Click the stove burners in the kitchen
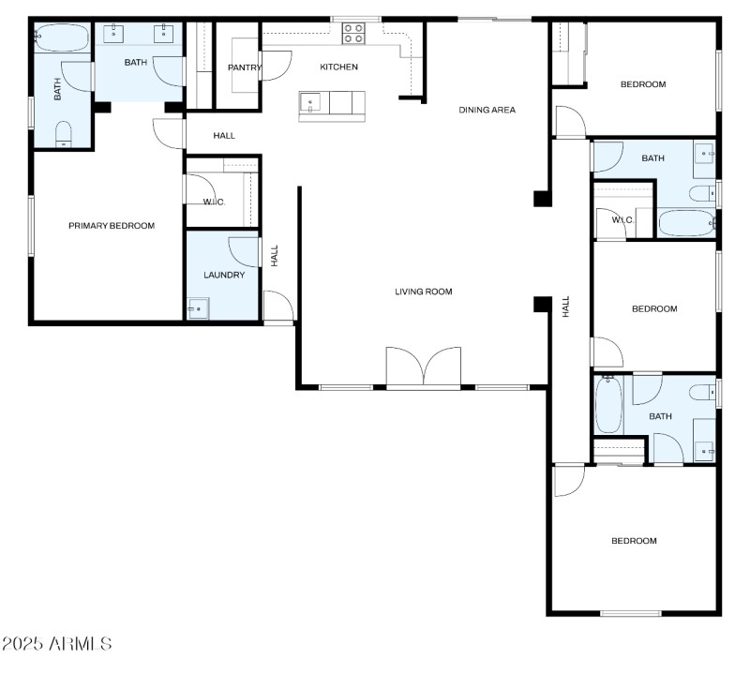pos(353,34)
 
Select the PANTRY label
pos(245,67)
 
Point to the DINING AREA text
pos(487,110)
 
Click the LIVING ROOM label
pos(423,292)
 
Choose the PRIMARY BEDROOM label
pos(112,226)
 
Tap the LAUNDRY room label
pos(224,275)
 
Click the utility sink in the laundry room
pos(198,308)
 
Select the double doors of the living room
pos(424,367)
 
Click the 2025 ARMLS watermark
pos(56,644)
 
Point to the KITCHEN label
pos(338,67)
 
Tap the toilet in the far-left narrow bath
pos(64,133)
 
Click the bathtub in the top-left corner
pos(62,38)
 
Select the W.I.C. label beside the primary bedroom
pos(214,202)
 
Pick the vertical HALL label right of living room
pos(565,307)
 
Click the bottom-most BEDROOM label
pos(634,541)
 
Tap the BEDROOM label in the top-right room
pos(643,84)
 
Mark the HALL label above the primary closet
pos(224,136)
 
